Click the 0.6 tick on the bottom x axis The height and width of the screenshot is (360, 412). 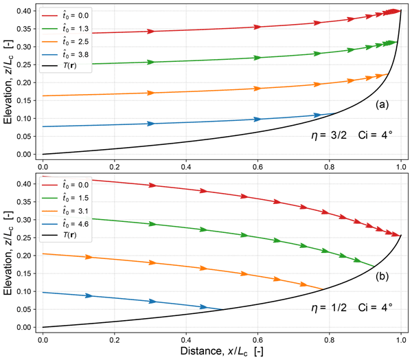click(x=257, y=339)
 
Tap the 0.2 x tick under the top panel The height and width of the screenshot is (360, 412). click(x=115, y=166)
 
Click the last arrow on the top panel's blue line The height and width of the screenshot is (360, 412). click(x=317, y=115)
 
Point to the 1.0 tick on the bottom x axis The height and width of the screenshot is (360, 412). click(x=400, y=339)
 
